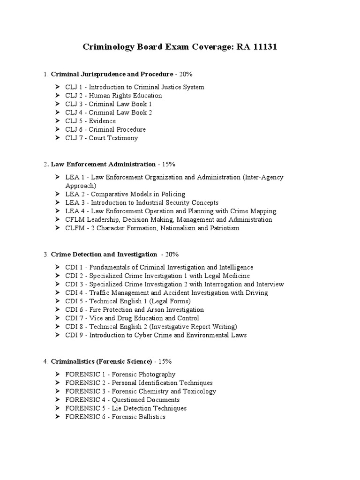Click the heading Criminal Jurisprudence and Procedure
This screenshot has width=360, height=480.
[112, 74]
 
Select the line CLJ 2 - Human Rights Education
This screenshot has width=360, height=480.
[113, 96]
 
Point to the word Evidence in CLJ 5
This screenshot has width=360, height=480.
[103, 121]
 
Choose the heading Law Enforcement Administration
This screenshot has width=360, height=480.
[103, 164]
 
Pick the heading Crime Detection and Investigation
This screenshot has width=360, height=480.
[104, 254]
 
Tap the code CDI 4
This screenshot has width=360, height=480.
[75, 292]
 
